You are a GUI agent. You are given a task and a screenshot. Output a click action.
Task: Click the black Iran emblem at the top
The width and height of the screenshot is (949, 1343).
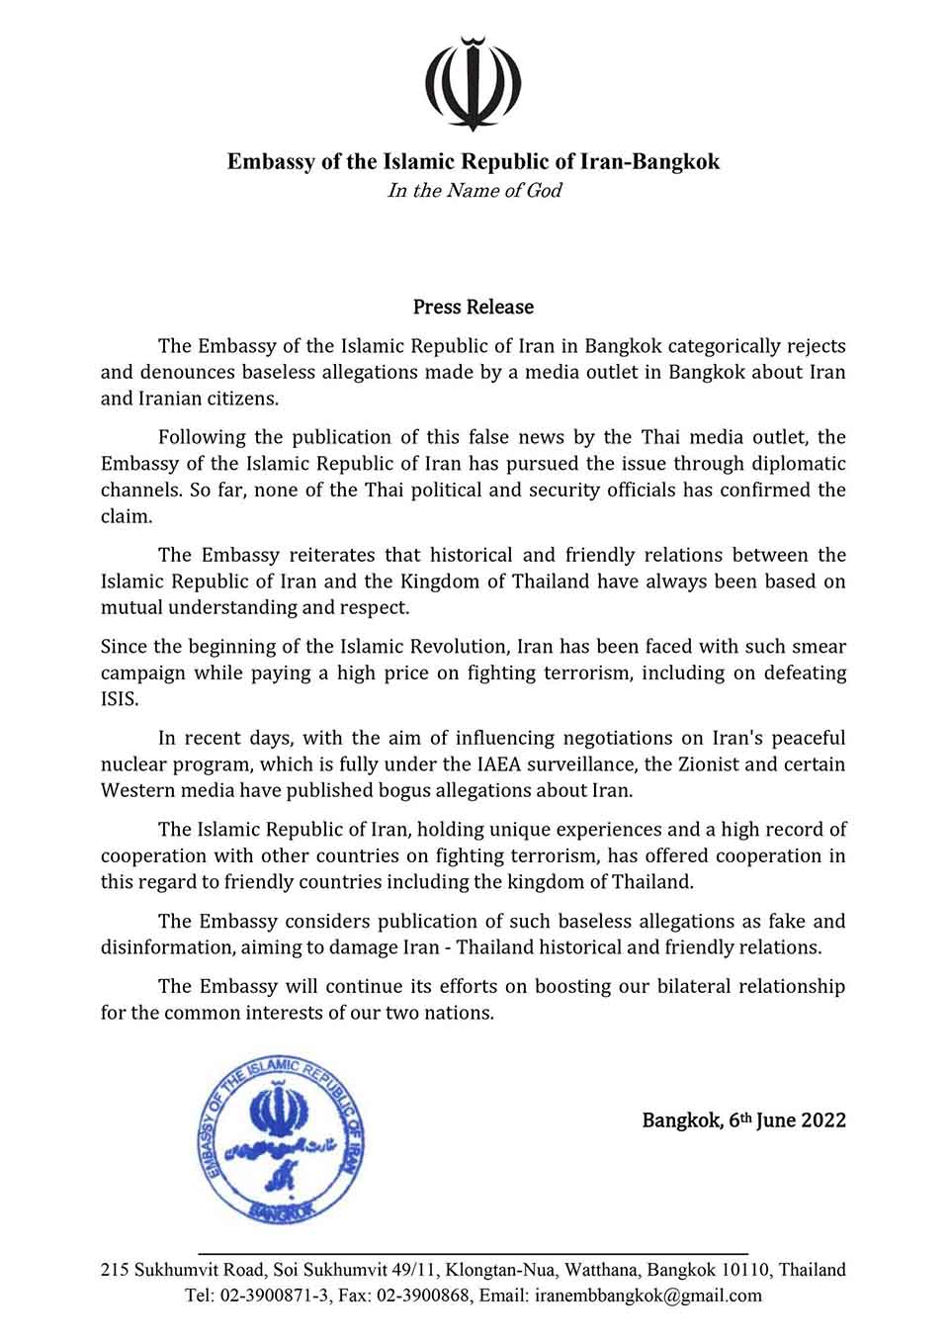(474, 84)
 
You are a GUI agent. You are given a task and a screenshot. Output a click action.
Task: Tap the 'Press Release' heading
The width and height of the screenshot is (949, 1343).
(474, 308)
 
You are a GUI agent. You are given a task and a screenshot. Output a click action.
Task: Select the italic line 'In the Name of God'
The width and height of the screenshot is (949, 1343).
(474, 191)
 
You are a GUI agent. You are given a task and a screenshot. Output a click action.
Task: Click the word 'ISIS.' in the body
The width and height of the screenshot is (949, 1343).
(120, 699)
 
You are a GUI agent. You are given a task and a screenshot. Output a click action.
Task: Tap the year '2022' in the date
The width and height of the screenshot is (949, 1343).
(823, 1120)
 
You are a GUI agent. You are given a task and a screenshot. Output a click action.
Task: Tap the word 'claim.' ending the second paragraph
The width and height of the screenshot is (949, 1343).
(125, 516)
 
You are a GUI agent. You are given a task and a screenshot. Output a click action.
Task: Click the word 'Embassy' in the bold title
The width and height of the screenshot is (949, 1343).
(268, 161)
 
